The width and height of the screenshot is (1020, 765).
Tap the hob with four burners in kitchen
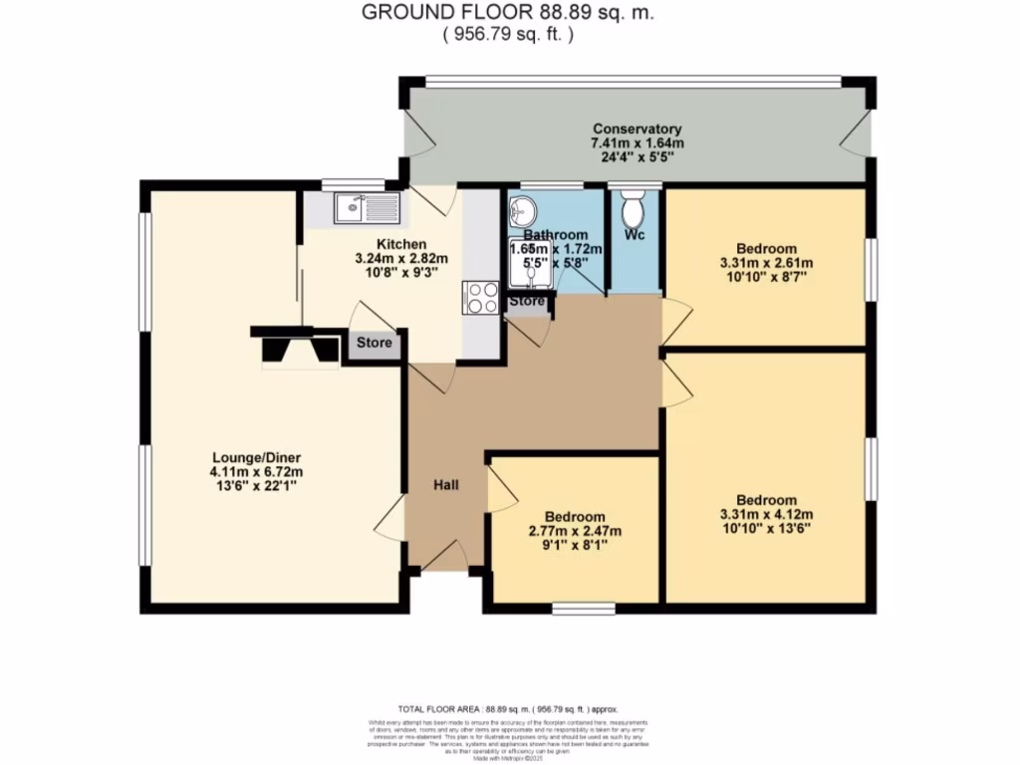pyautogui.click(x=480, y=298)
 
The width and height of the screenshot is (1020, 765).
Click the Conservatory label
pyautogui.click(x=637, y=129)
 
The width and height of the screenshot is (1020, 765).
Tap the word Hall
pyautogui.click(x=445, y=485)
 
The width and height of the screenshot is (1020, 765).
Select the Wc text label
pyautogui.click(x=635, y=235)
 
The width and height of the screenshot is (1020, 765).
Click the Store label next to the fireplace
pyautogui.click(x=375, y=345)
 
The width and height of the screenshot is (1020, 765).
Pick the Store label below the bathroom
pyautogui.click(x=527, y=301)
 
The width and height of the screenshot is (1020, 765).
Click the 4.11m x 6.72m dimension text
pyautogui.click(x=255, y=472)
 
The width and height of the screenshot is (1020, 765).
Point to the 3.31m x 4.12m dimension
pyautogui.click(x=766, y=515)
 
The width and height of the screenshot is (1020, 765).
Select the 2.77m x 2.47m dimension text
pyautogui.click(x=575, y=532)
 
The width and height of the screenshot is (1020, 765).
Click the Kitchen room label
pyautogui.click(x=401, y=244)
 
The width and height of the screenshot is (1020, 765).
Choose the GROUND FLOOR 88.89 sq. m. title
pyautogui.click(x=509, y=13)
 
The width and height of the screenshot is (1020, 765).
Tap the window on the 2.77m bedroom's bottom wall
pyautogui.click(x=583, y=607)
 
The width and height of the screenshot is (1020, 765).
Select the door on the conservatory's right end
pyautogui.click(x=856, y=133)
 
